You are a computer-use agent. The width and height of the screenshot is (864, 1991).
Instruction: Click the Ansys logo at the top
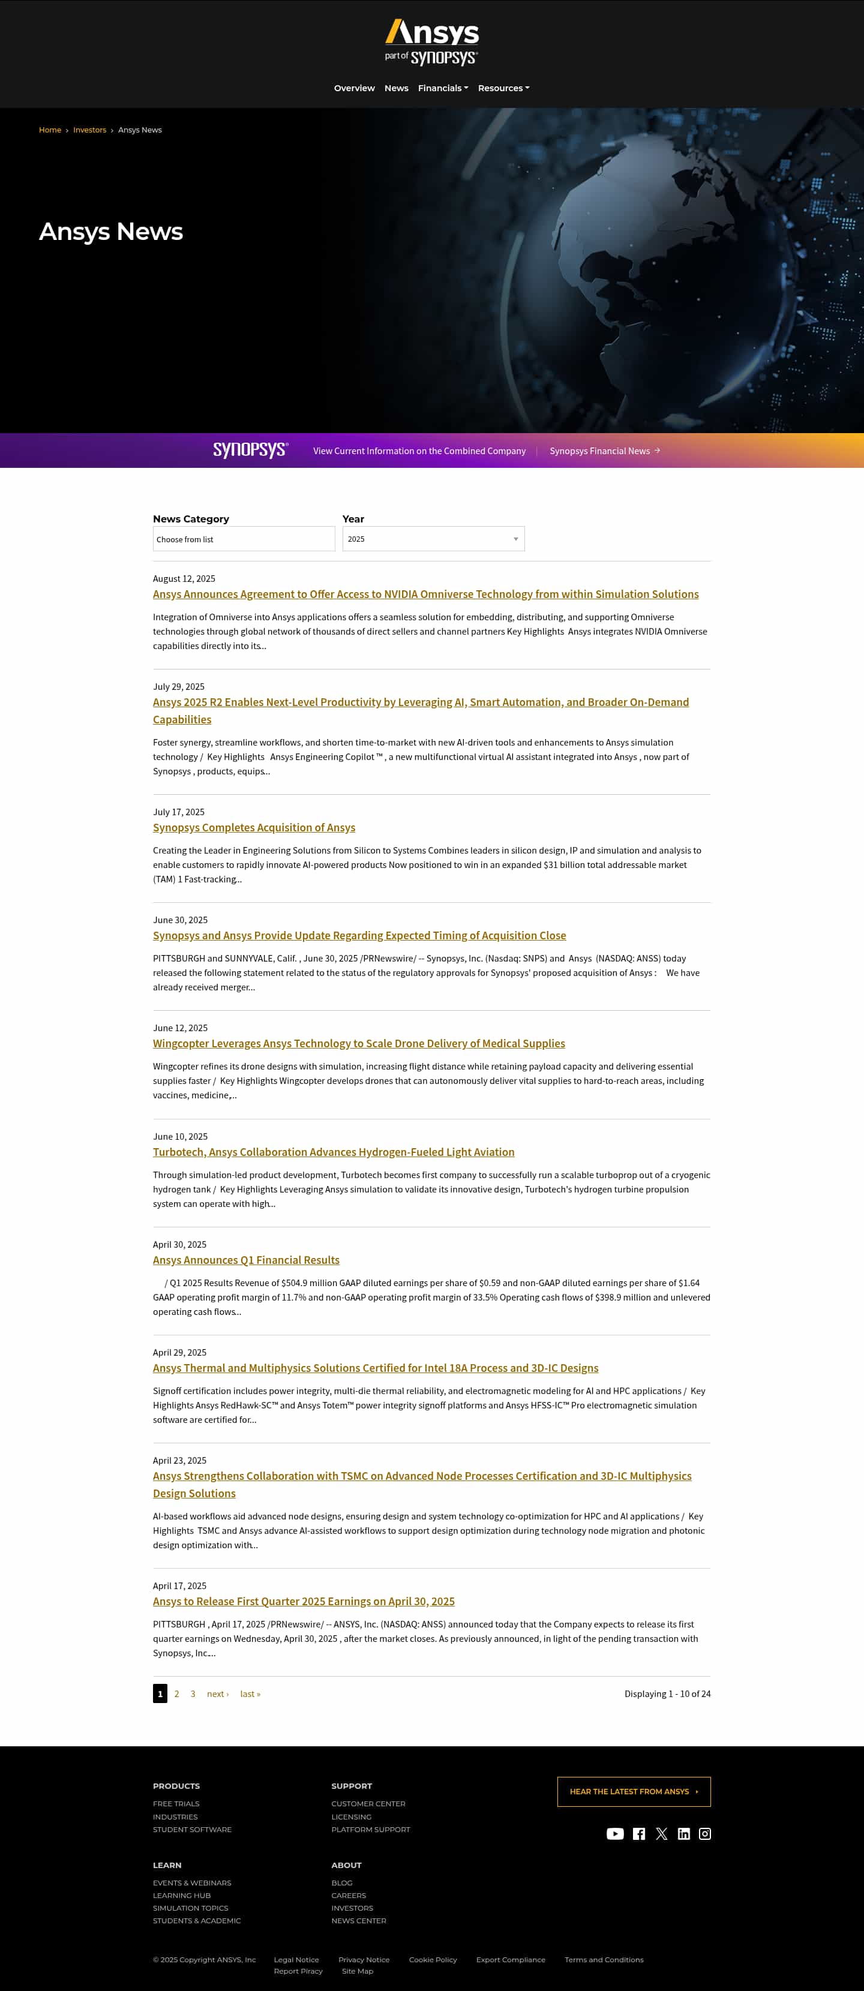coord(432,42)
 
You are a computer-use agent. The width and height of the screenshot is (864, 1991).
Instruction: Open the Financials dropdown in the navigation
coord(443,88)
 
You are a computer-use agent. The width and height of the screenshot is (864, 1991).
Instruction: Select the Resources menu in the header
coord(503,88)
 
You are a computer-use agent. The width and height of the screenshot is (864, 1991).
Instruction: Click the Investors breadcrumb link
coord(89,130)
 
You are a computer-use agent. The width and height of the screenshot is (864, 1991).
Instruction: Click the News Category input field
coord(244,539)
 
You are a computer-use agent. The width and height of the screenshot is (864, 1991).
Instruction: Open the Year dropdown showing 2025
coord(433,539)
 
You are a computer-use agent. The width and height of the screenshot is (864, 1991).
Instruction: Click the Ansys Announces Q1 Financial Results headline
coord(246,1260)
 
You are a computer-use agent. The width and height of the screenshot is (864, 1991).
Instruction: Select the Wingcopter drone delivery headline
coord(359,1043)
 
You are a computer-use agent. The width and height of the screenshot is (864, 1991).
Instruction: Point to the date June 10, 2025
coord(180,1136)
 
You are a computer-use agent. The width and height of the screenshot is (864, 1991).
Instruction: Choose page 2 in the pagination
coord(176,1693)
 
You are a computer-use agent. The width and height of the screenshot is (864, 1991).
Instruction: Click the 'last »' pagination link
coord(250,1693)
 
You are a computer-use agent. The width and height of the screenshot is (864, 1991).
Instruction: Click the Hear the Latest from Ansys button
coord(633,1792)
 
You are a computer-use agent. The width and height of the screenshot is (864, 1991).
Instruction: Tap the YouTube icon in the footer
coord(615,1833)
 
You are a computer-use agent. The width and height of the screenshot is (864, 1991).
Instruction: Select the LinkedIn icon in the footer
coord(683,1833)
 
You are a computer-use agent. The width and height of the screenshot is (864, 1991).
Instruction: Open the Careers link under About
coord(349,1895)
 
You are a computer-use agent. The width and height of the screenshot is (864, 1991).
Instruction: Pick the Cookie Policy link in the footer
coord(433,1959)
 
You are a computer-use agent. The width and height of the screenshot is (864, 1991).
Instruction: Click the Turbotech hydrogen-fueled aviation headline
coord(333,1152)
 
